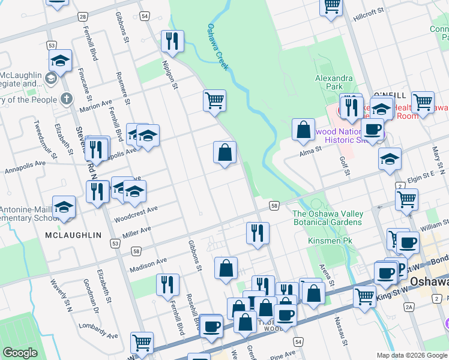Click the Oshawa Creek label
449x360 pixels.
[218, 47]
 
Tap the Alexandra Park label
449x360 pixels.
[334, 82]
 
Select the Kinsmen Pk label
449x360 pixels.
[326, 240]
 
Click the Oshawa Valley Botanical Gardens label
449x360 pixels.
[327, 218]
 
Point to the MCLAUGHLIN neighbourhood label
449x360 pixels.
[73, 236]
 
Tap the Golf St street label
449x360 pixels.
[345, 164]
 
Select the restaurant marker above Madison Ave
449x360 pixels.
[258, 232]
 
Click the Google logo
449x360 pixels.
[20, 353]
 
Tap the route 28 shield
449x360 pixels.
[83, 17]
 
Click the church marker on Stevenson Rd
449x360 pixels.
[66, 98]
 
